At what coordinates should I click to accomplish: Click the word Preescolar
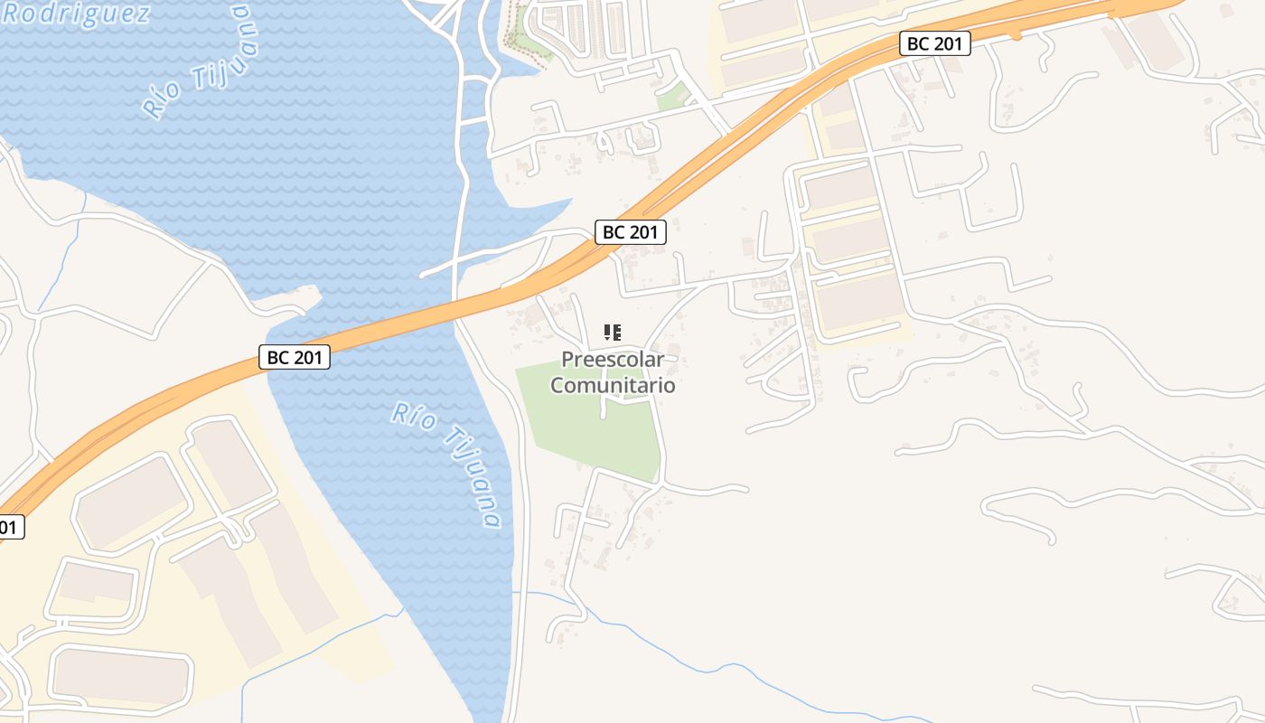[613, 360]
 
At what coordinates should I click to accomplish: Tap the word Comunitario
[613, 385]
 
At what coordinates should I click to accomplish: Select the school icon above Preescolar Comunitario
[613, 333]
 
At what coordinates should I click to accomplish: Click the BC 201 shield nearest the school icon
[631, 232]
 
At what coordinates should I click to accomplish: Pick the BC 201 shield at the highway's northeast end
[935, 43]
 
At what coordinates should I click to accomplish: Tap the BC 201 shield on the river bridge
[295, 357]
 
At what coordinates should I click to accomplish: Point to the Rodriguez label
[77, 14]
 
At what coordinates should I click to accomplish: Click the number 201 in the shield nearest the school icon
[643, 232]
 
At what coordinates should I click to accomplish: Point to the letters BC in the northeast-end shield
[918, 43]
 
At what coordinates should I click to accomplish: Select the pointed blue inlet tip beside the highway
[569, 201]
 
